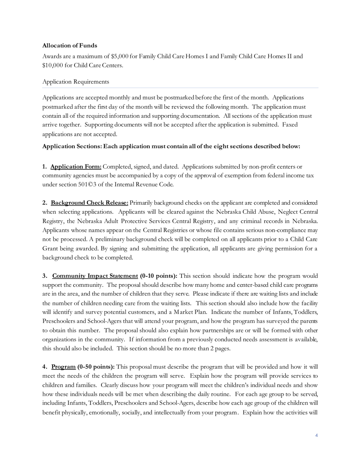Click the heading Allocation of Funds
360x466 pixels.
tap(70, 45)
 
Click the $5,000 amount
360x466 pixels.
tap(120, 56)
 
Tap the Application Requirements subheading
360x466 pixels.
tap(75, 82)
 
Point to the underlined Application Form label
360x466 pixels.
tap(76, 167)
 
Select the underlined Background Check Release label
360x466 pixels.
tap(89, 203)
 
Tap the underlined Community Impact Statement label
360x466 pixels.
tap(95, 276)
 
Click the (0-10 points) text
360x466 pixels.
tap(158, 276)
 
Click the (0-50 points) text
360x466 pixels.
tap(96, 367)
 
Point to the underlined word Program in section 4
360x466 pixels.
tap(63, 367)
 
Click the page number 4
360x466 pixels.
tap(316, 435)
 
